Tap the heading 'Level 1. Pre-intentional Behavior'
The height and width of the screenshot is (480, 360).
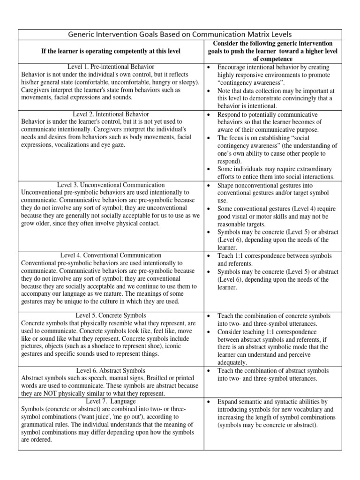111,67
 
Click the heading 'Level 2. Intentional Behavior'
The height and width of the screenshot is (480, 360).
111,114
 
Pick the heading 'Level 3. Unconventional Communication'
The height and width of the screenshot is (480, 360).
111,185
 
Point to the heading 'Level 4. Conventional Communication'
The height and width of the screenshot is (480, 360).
111,255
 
